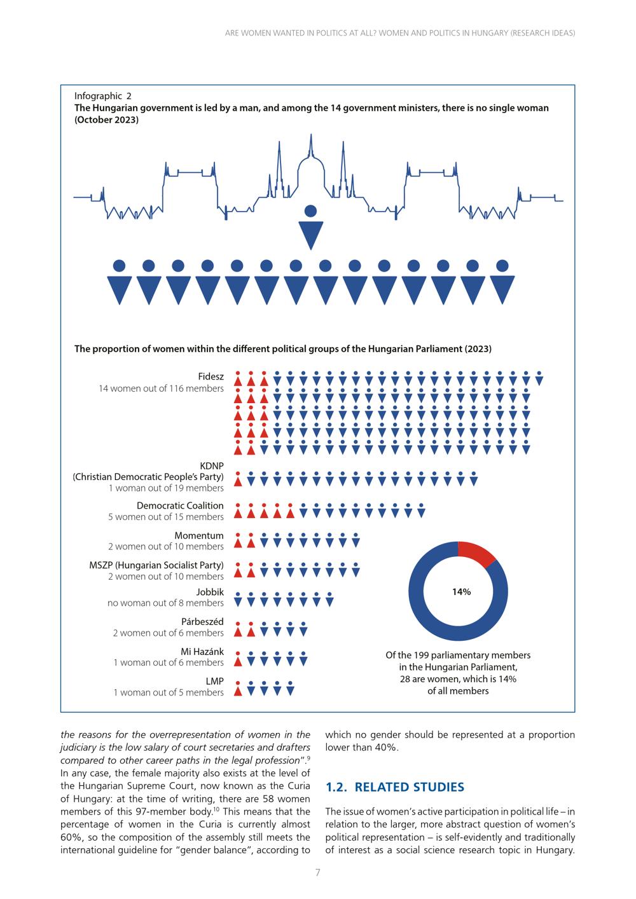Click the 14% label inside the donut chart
461,591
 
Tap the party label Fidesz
211,376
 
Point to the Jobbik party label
210,592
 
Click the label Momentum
198,535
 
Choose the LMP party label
215,681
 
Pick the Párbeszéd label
202,622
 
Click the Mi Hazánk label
202,652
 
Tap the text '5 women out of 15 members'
166,517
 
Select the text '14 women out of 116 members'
161,388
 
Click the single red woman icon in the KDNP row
238,478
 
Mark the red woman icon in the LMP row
238,689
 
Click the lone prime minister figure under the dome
311,227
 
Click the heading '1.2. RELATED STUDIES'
395,787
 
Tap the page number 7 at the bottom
317,872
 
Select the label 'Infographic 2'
103,96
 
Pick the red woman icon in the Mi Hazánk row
238,659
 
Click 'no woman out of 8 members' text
165,603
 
